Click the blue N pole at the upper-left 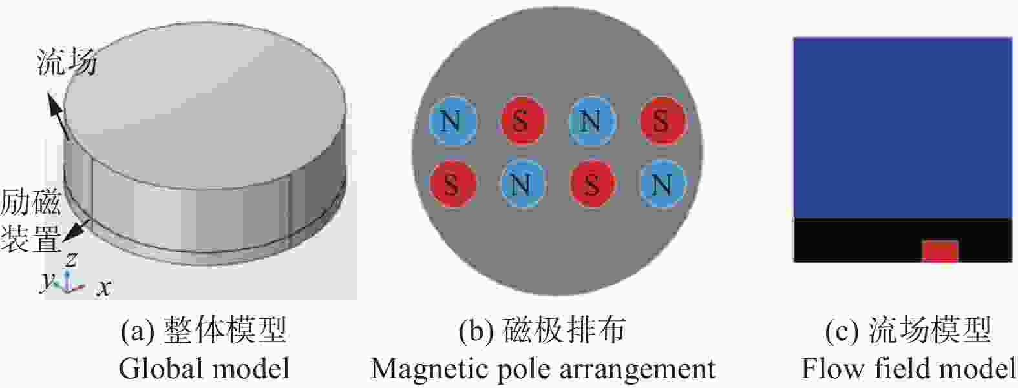[x=452, y=121]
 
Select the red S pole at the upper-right [x=662, y=121]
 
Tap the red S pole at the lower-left [x=452, y=183]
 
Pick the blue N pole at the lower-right [x=662, y=183]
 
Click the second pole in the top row [x=522, y=121]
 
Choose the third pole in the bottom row [x=591, y=183]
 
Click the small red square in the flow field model [x=939, y=251]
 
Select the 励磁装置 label [x=31, y=221]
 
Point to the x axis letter [x=103, y=288]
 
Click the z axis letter [x=71, y=260]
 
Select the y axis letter [x=47, y=281]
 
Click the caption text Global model [x=204, y=368]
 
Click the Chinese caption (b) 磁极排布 [x=542, y=330]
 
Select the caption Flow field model [x=908, y=368]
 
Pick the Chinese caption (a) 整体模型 [x=204, y=330]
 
